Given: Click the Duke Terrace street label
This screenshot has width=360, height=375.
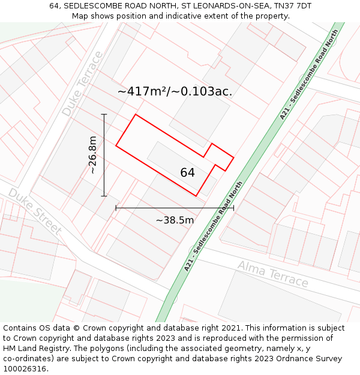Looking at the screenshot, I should [83, 84].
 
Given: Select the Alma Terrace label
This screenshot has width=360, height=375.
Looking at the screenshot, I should [272, 274].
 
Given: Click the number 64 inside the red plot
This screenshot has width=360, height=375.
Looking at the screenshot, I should [187, 173].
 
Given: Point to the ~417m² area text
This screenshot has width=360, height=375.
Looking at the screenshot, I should [143, 92].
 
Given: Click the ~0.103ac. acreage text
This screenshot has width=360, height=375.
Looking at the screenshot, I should [202, 92].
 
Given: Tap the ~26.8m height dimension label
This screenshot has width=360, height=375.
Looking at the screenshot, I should [92, 155].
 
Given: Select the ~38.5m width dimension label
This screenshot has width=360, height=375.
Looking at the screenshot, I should [175, 220].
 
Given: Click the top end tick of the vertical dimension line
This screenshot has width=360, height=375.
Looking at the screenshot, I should [104, 114].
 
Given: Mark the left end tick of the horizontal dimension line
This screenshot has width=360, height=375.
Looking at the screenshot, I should [116, 208].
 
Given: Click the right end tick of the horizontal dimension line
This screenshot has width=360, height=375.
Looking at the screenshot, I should [233, 208].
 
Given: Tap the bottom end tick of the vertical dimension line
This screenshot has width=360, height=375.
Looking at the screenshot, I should [104, 196].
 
